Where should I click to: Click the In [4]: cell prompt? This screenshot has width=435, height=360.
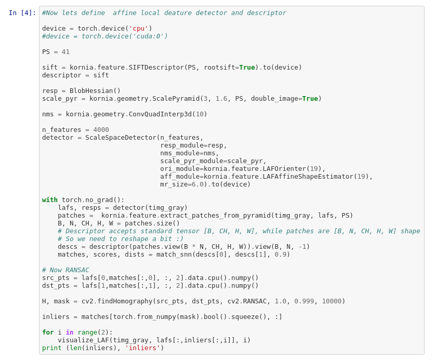click(22, 13)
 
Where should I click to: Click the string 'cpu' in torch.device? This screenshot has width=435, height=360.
click(138, 29)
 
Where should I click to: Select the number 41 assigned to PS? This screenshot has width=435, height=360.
click(65, 52)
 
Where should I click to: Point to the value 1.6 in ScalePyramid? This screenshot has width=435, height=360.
click(221, 99)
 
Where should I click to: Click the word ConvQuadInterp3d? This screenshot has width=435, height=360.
click(160, 114)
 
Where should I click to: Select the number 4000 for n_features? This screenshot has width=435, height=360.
click(101, 130)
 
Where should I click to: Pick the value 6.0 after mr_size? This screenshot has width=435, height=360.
click(197, 184)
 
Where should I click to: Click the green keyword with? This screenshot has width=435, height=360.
click(50, 200)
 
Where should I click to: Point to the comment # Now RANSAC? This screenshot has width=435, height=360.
click(65, 270)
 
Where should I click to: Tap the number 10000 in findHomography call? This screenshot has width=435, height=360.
click(332, 301)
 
